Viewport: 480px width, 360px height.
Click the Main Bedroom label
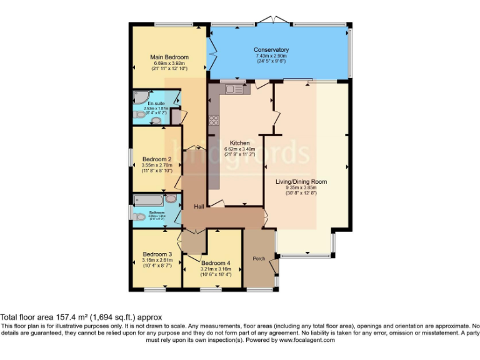click(x=169, y=57)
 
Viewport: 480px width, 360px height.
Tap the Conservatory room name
click(x=271, y=50)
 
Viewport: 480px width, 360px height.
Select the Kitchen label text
click(x=239, y=142)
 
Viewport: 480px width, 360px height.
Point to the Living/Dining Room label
click(x=301, y=182)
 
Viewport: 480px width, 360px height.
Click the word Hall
click(x=199, y=207)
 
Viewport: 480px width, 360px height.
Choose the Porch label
click(x=259, y=258)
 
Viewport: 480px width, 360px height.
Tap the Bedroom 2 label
click(x=157, y=159)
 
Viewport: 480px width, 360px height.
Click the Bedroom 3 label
click(x=157, y=254)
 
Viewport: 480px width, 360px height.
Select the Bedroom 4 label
click(x=216, y=262)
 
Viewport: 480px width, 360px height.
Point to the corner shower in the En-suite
click(x=139, y=98)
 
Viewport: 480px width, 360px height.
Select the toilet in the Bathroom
click(x=139, y=216)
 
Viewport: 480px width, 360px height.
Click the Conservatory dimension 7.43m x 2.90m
click(x=271, y=56)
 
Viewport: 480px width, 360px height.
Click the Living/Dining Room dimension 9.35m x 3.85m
click(x=301, y=187)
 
